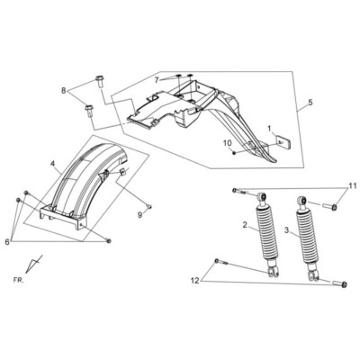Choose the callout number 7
coord(156,79)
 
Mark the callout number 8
coord(63,91)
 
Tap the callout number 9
coord(139,215)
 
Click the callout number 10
coord(227,142)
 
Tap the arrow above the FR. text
coord(35,263)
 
